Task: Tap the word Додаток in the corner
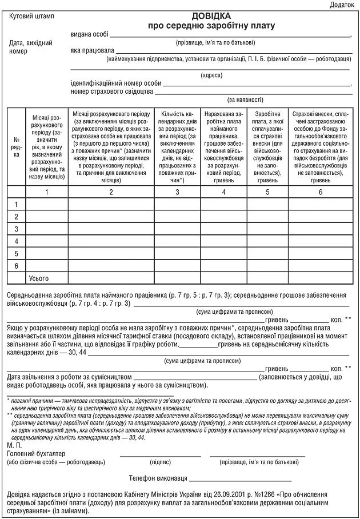[x=342, y=5]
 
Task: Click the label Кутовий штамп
[x=31, y=17]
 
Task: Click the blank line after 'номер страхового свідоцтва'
[x=251, y=92]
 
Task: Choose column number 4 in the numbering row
[x=223, y=191]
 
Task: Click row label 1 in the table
[x=16, y=205]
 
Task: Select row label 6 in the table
[x=16, y=266]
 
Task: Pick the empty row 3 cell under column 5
[x=267, y=229]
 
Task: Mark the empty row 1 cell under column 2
[x=111, y=205]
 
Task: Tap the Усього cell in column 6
[x=320, y=278]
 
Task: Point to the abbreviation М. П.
[x=15, y=444]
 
